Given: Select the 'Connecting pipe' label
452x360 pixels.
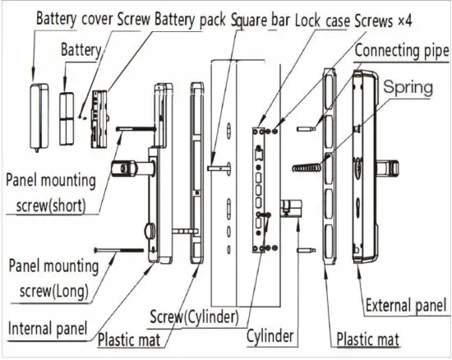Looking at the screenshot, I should click(403, 51).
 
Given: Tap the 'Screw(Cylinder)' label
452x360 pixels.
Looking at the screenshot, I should click(193, 316).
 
